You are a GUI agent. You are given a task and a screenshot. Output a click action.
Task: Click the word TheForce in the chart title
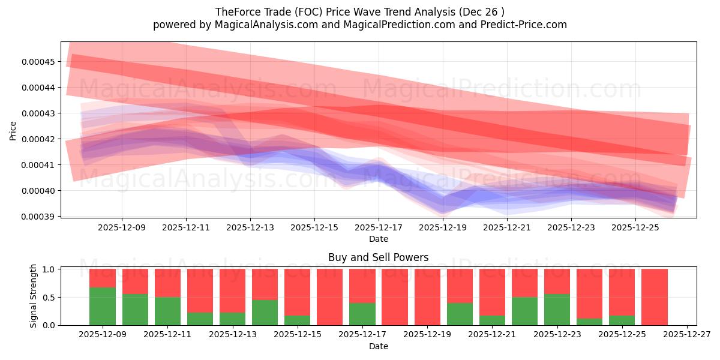[235, 11]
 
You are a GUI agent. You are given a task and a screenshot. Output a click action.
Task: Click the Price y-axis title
[13, 130]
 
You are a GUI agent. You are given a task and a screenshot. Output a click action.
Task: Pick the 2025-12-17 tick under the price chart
[379, 228]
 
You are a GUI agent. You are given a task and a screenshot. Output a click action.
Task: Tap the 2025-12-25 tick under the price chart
[635, 228]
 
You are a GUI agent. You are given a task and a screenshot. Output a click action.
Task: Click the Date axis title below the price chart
[379, 239]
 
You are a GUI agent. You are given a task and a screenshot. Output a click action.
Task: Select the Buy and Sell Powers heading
[379, 257]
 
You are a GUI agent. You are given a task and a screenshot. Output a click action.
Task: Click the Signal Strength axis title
[34, 296]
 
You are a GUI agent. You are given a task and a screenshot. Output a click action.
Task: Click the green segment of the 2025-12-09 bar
[103, 306]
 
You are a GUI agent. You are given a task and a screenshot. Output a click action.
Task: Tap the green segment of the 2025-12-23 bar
[557, 310]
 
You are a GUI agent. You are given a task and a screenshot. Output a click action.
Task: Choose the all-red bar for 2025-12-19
[427, 297]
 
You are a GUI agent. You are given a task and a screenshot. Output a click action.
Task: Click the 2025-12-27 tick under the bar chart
[686, 335]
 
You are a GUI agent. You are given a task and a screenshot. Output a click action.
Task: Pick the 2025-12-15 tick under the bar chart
[297, 335]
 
